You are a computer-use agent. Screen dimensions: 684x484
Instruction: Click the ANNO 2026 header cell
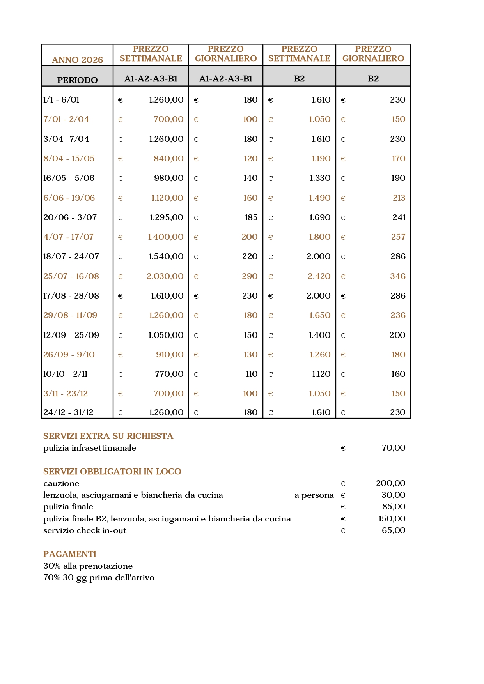coord(77,60)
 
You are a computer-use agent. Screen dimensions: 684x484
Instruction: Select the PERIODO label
coord(77,80)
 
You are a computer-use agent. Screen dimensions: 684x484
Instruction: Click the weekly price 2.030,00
coord(165,276)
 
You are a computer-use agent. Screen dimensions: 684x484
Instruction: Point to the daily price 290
coord(250,276)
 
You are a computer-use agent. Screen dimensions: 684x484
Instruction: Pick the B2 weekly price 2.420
coord(319,276)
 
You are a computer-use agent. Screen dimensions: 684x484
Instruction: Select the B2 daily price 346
coord(398,276)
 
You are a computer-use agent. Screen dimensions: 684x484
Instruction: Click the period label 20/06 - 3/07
coord(70,217)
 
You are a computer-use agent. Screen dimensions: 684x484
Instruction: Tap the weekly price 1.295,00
coord(167,217)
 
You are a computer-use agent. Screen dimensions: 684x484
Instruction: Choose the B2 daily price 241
coord(399,217)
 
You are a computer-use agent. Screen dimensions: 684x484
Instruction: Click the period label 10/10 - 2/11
coord(65,374)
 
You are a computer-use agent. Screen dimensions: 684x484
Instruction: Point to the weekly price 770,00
coord(169,374)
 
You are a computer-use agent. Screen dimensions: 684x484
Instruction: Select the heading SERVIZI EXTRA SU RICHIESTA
coord(108,436)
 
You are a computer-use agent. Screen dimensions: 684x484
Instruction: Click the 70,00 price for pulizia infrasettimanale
coord(394,448)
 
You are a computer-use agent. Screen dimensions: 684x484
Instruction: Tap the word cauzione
coord(61,483)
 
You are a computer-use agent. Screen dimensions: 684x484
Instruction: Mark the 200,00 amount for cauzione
coord(391,483)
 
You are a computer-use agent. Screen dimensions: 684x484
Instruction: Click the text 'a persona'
coord(314,495)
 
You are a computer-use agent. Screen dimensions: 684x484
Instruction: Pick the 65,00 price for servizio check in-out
coord(394,530)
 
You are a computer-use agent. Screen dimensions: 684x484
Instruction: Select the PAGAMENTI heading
coord(69,554)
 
